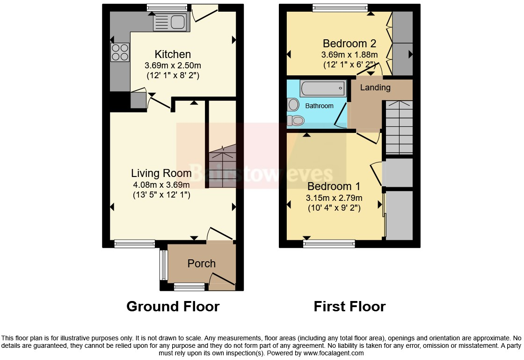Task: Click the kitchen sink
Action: [171, 22]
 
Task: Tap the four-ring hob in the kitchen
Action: [120, 52]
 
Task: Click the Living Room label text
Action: [161, 173]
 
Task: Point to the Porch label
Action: [202, 264]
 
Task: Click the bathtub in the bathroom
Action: [323, 88]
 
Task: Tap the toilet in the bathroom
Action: [295, 121]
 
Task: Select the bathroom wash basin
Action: [293, 104]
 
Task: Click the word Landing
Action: [375, 88]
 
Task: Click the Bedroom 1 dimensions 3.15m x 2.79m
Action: [334, 198]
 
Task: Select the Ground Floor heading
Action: [173, 307]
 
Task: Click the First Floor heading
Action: [349, 307]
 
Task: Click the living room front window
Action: [135, 243]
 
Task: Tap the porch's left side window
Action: [163, 264]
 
